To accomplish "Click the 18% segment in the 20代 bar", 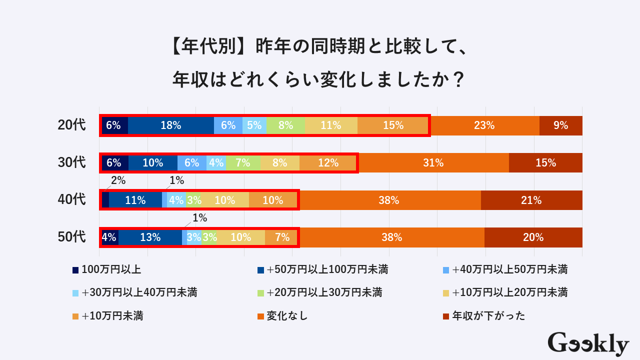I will [171, 125].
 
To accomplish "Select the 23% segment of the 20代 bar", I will [484, 125].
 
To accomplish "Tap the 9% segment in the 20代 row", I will [561, 125].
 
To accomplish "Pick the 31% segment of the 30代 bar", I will [433, 162].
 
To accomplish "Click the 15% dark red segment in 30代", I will [545, 162].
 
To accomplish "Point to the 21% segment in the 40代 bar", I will [531, 200].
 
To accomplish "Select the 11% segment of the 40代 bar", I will [135, 200].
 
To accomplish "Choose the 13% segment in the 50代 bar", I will [150, 237].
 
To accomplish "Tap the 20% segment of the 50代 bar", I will [533, 237].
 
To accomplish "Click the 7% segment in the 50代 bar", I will [282, 237].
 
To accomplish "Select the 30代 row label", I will [72, 162].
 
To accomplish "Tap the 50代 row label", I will [72, 237].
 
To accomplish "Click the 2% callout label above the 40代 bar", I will [118, 181].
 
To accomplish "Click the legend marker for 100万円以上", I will [75, 270].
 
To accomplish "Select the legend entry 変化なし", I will [287, 316].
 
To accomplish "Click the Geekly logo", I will [588, 344].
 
